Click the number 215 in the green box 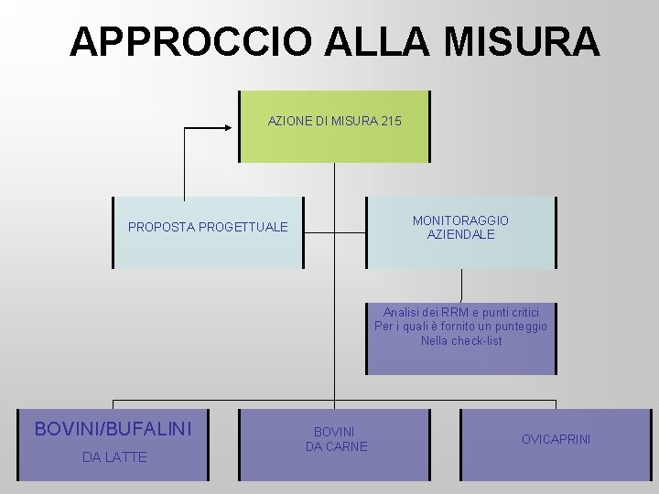point(389,121)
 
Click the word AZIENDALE point(460,235)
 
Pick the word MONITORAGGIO point(460,220)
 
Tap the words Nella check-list point(461,341)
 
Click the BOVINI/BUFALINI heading point(113,428)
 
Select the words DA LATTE point(114,456)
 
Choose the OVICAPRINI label point(556,439)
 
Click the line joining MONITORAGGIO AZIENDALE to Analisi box point(461,285)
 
